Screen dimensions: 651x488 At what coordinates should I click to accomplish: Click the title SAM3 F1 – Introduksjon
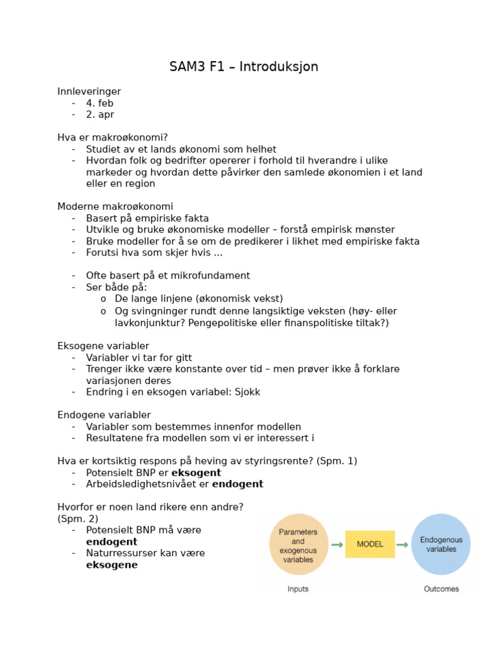click(243, 67)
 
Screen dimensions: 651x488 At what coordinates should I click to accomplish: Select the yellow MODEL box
click(370, 544)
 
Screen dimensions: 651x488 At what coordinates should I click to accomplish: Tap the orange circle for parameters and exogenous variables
click(299, 544)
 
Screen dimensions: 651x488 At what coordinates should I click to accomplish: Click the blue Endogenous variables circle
click(441, 544)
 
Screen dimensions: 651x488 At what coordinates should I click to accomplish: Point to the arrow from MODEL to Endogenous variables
click(403, 545)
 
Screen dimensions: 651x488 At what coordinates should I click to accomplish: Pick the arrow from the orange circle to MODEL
click(337, 545)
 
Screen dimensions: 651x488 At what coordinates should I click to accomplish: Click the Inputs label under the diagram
click(298, 589)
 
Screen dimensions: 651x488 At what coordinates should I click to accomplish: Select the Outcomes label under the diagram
click(441, 589)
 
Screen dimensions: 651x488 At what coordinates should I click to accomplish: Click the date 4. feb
click(100, 103)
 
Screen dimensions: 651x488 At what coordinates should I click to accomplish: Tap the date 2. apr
click(100, 114)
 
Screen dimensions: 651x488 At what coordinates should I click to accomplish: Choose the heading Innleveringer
click(89, 92)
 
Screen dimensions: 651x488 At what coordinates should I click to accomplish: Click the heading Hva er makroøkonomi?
click(112, 137)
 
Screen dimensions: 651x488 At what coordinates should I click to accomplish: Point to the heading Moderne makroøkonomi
click(115, 207)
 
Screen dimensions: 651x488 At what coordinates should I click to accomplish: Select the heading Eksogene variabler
click(103, 346)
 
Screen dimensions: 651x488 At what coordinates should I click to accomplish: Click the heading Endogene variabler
click(104, 415)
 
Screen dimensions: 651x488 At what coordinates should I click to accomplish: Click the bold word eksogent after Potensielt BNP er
click(196, 473)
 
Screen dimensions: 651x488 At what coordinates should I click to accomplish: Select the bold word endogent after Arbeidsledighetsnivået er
click(238, 484)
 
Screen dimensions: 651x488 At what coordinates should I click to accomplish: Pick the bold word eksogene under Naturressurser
click(112, 565)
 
